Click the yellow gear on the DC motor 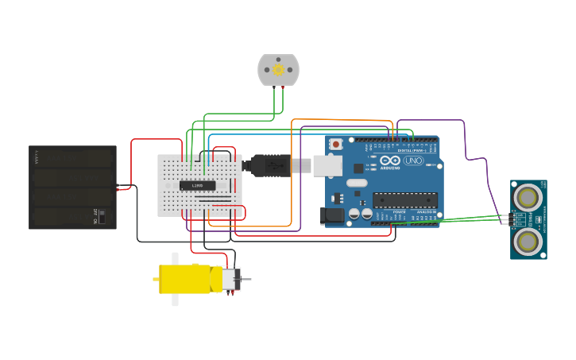pos(278,70)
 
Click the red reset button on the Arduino pos(336,144)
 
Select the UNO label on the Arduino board pos(413,161)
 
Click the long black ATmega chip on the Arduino pos(405,200)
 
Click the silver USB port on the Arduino pos(327,165)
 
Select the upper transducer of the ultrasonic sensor pos(528,195)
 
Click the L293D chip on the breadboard pos(197,186)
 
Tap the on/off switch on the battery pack pos(101,215)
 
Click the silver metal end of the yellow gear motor pos(230,279)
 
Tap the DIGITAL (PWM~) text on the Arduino pos(411,149)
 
